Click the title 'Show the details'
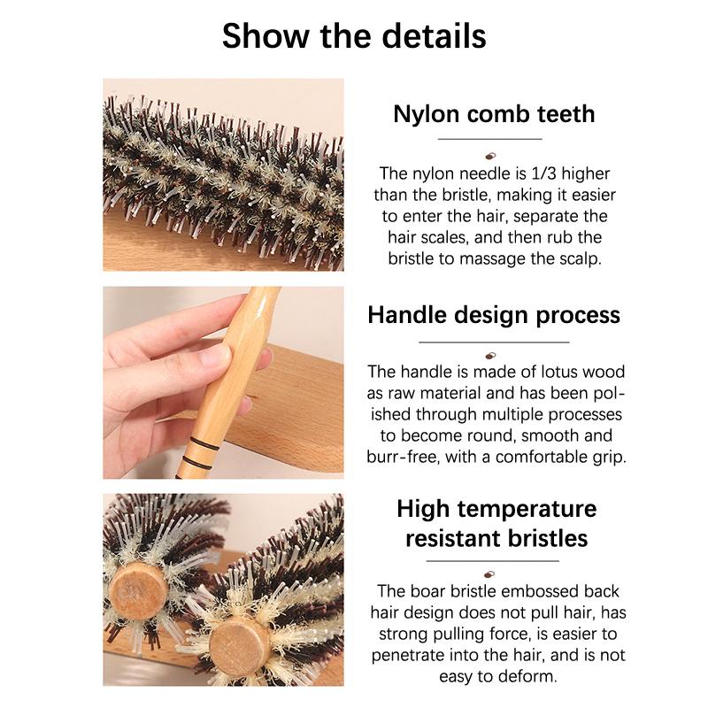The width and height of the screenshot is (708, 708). (x=354, y=36)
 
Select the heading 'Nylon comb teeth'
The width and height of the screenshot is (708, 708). (x=494, y=114)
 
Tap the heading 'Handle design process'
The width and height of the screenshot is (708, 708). (x=494, y=315)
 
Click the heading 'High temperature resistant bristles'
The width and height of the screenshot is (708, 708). (x=496, y=522)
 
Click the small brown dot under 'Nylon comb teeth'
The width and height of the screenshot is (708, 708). (x=491, y=156)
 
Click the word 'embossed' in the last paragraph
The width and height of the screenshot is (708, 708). (x=539, y=591)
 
